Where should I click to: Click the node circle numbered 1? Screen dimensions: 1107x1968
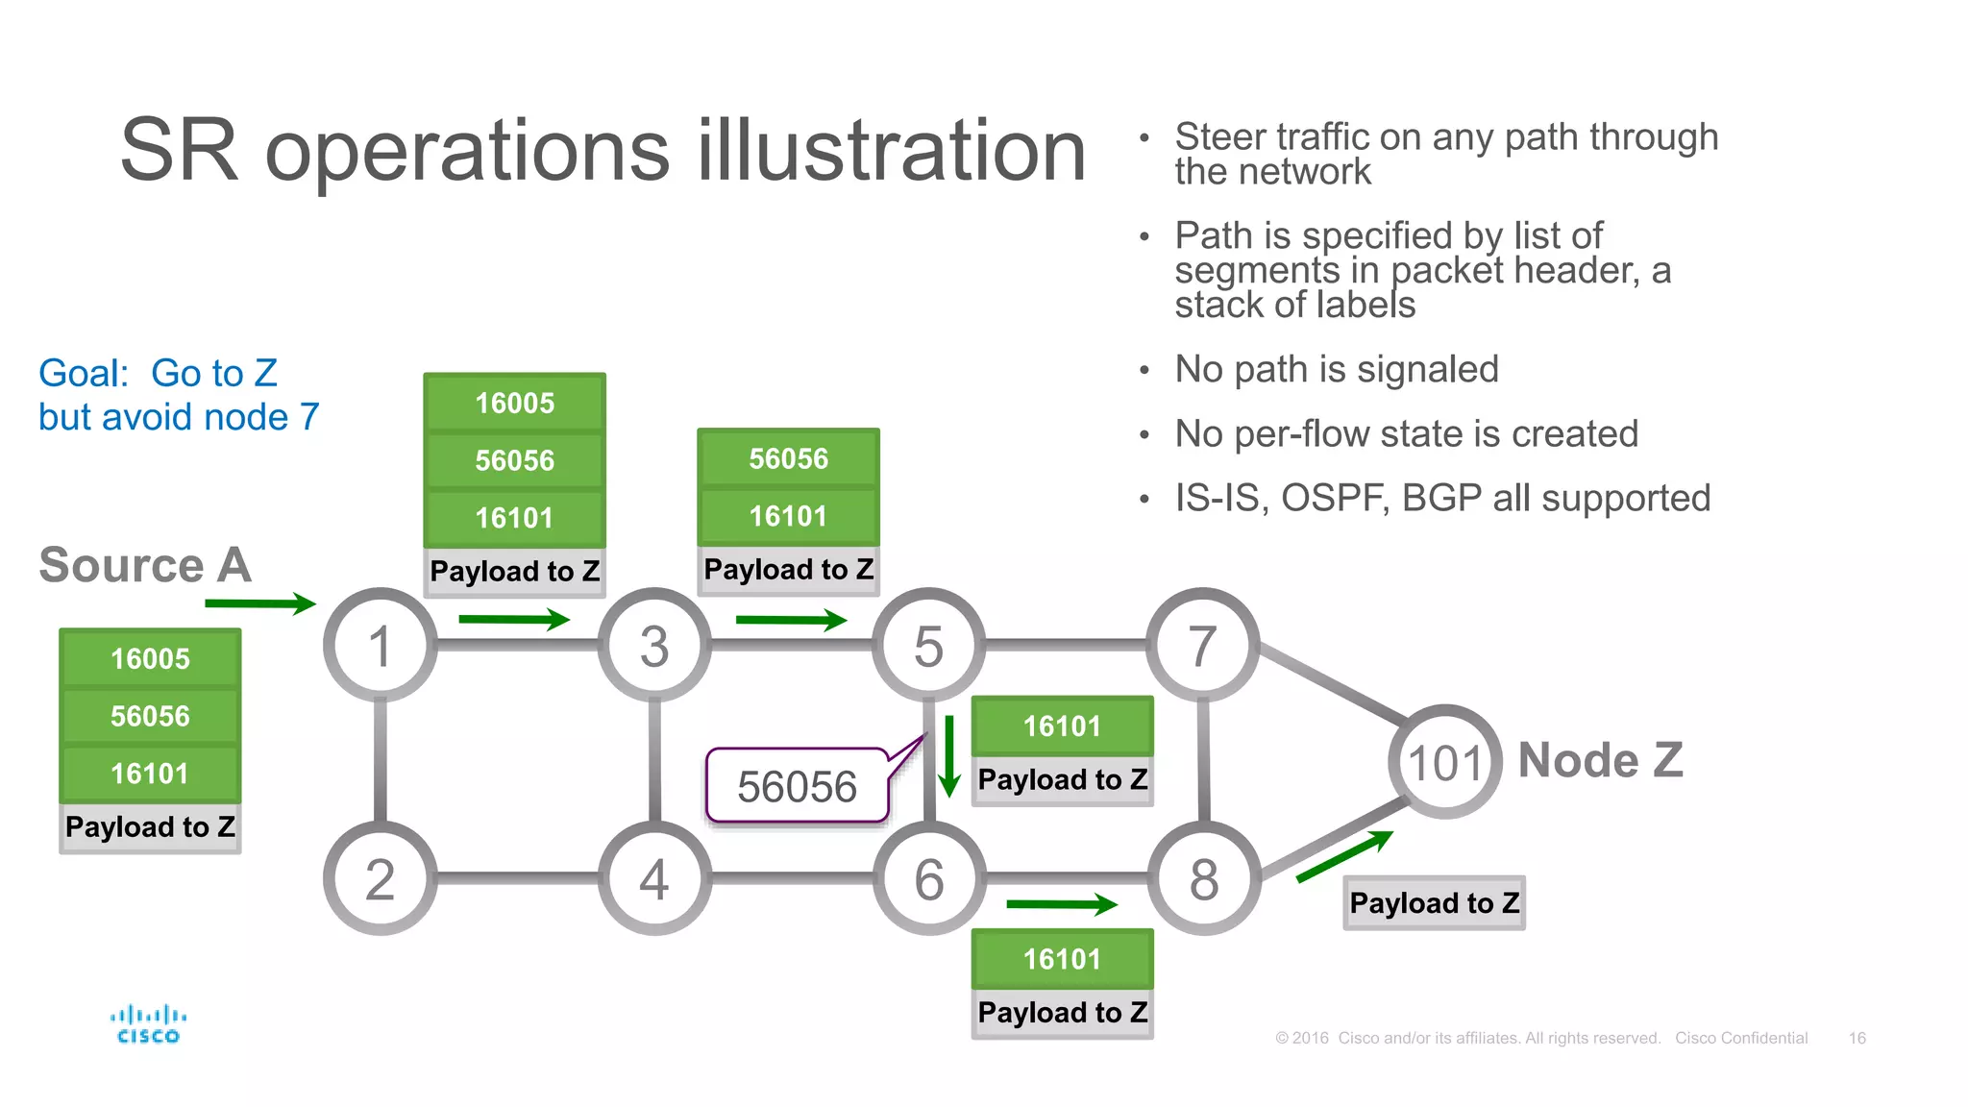[x=380, y=645]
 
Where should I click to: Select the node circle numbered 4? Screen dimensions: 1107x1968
[x=654, y=878]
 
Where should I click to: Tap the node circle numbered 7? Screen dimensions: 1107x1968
[x=1202, y=645]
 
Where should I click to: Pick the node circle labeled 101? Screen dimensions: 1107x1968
[x=1444, y=762]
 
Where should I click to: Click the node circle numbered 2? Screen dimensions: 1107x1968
[x=380, y=878]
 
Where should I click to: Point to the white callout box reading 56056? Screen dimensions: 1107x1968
[x=797, y=787]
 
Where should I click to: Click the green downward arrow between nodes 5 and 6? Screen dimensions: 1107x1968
[x=949, y=756]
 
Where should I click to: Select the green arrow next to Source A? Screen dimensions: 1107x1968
[x=260, y=603]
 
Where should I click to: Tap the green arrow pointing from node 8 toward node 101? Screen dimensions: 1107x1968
[x=1344, y=855]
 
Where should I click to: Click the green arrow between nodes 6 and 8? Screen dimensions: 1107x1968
[x=1062, y=903]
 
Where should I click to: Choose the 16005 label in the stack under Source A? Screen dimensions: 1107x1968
[x=150, y=659]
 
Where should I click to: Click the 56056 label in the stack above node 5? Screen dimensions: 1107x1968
[x=788, y=459]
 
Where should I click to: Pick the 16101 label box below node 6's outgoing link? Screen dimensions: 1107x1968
[x=1062, y=959]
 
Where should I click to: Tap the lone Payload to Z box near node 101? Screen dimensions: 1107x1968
[x=1434, y=902]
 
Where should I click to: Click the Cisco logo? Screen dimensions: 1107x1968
[x=148, y=1024]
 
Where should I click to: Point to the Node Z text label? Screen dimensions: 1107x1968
[x=1600, y=760]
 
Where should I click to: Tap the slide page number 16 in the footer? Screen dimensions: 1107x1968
[x=1857, y=1038]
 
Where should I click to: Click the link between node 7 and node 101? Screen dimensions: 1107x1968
[x=1331, y=683]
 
